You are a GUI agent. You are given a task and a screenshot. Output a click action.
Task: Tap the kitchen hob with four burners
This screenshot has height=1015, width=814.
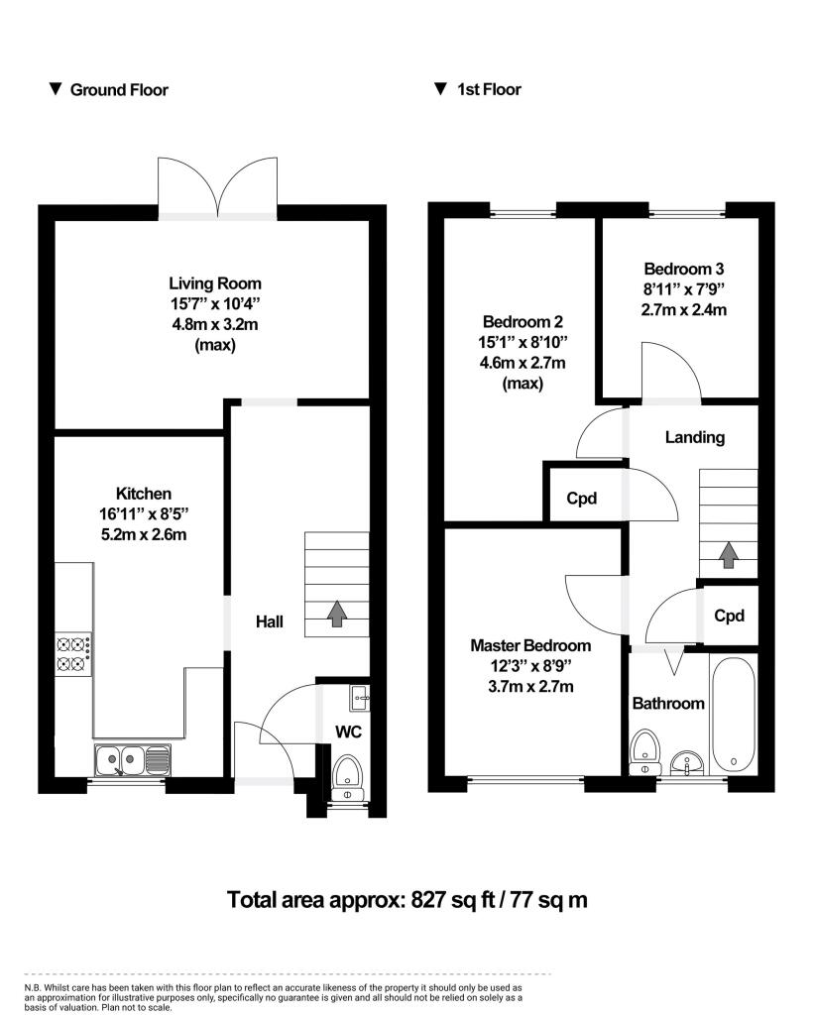[74, 654]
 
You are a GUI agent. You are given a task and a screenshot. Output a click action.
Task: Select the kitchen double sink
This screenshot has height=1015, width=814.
[132, 760]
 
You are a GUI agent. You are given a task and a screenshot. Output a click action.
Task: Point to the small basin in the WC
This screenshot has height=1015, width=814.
[359, 698]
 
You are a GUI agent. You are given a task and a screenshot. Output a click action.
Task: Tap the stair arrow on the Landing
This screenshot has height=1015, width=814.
[729, 555]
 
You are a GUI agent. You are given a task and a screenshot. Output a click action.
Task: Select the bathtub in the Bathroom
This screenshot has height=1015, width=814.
[734, 714]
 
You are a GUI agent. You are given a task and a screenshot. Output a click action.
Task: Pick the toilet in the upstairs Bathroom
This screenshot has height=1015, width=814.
[644, 750]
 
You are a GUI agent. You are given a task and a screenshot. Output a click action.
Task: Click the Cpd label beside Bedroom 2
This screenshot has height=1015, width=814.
[582, 499]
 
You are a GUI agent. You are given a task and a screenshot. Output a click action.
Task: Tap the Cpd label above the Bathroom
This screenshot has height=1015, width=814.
[729, 616]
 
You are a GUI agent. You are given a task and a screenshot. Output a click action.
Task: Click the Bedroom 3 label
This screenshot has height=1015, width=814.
[684, 269]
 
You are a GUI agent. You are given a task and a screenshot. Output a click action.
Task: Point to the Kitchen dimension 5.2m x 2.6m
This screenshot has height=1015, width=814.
[144, 534]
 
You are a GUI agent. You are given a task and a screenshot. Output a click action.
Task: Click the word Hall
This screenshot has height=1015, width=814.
[270, 622]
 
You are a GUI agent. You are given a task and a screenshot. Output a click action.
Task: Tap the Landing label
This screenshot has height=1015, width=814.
[694, 437]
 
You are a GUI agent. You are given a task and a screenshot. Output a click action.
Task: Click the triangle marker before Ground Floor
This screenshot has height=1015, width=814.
[56, 89]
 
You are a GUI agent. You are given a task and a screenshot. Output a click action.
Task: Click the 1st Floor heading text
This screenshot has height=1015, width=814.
[489, 89]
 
